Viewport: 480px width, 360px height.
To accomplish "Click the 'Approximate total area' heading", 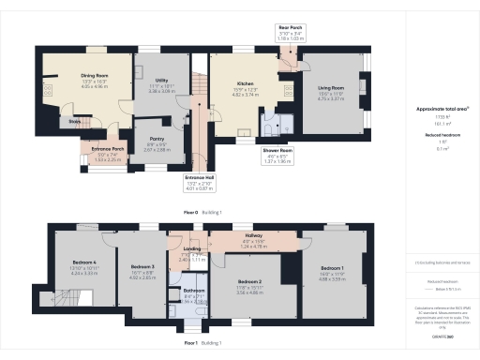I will tap(436, 109).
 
